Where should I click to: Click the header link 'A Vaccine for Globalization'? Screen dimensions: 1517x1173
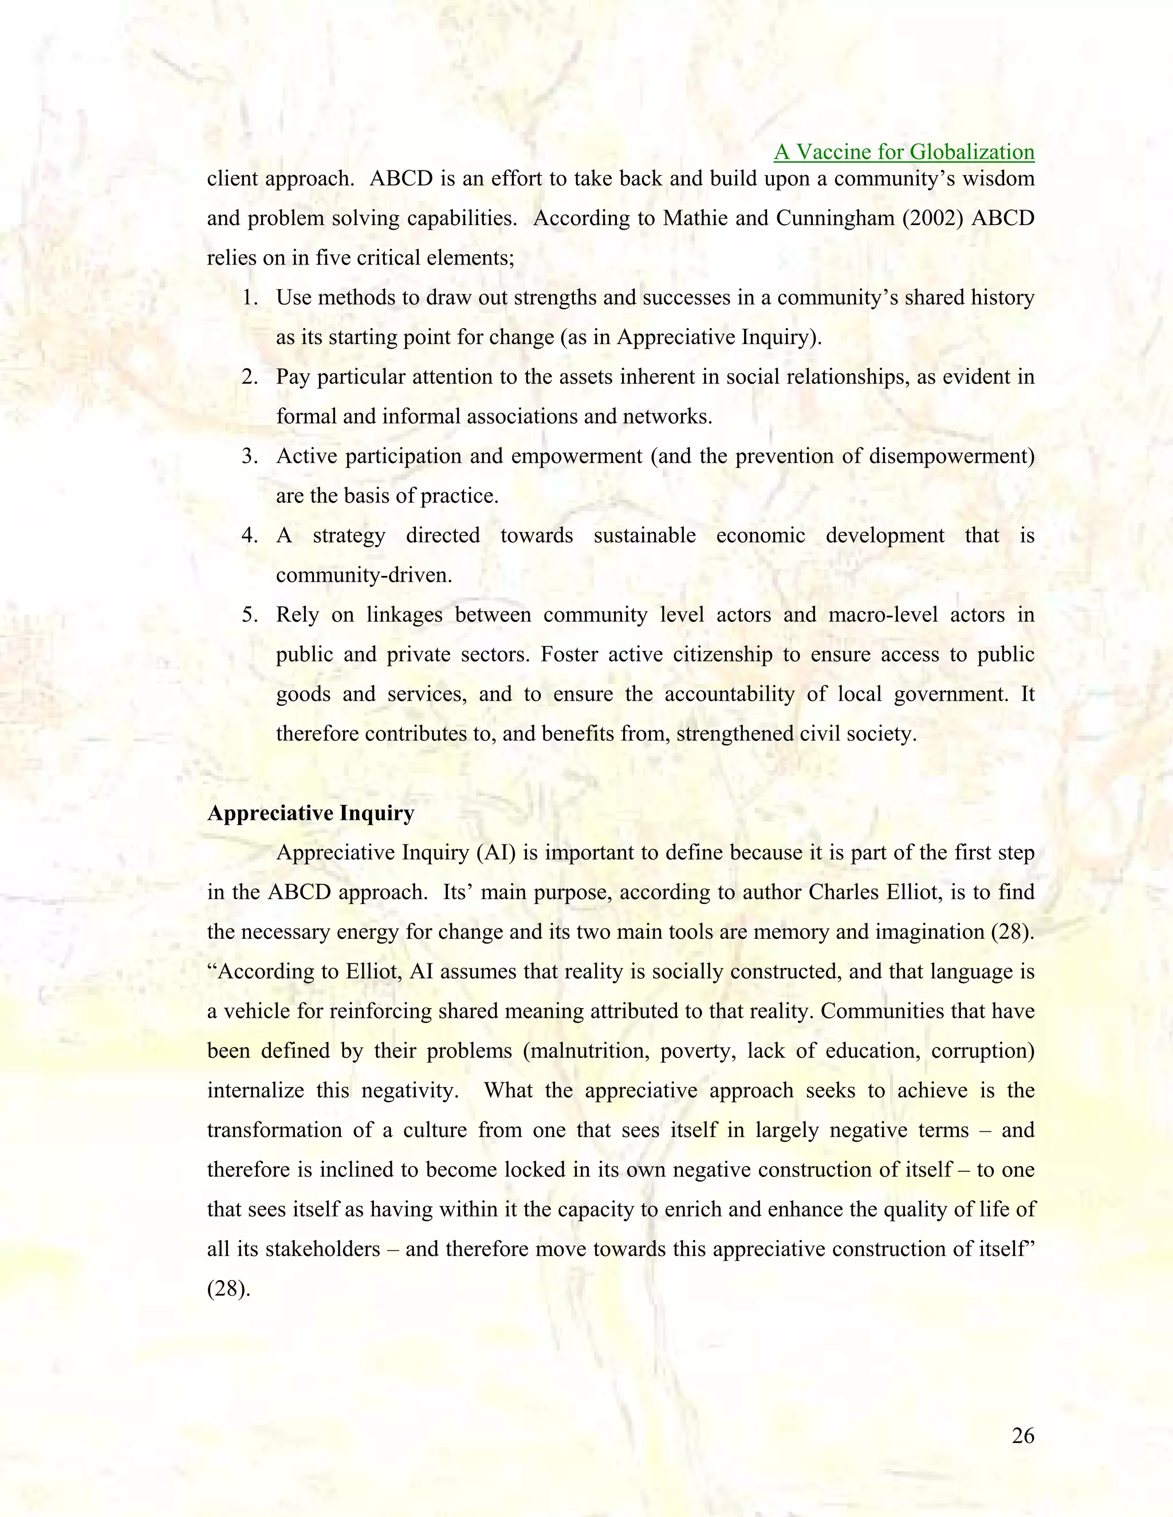click(904, 152)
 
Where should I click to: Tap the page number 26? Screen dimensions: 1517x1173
click(1023, 1435)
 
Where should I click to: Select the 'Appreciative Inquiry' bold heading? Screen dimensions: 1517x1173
click(310, 813)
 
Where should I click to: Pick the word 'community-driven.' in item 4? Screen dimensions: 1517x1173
click(364, 575)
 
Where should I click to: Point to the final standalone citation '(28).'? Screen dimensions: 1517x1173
click(229, 1289)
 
